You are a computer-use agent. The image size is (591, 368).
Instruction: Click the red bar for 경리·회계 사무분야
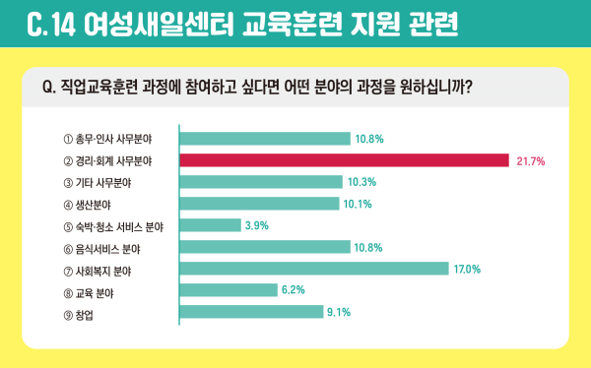tap(343, 160)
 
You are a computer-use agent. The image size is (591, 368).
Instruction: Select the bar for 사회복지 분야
tap(313, 269)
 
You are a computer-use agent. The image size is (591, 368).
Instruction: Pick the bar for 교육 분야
tap(229, 290)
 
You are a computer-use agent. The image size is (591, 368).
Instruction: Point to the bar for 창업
tap(251, 312)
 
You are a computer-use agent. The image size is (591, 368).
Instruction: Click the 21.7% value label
tap(531, 160)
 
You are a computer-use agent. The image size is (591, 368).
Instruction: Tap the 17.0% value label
tap(467, 269)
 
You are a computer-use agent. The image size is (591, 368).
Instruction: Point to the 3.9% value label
tap(256, 225)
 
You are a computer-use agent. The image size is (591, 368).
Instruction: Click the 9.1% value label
tap(339, 312)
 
